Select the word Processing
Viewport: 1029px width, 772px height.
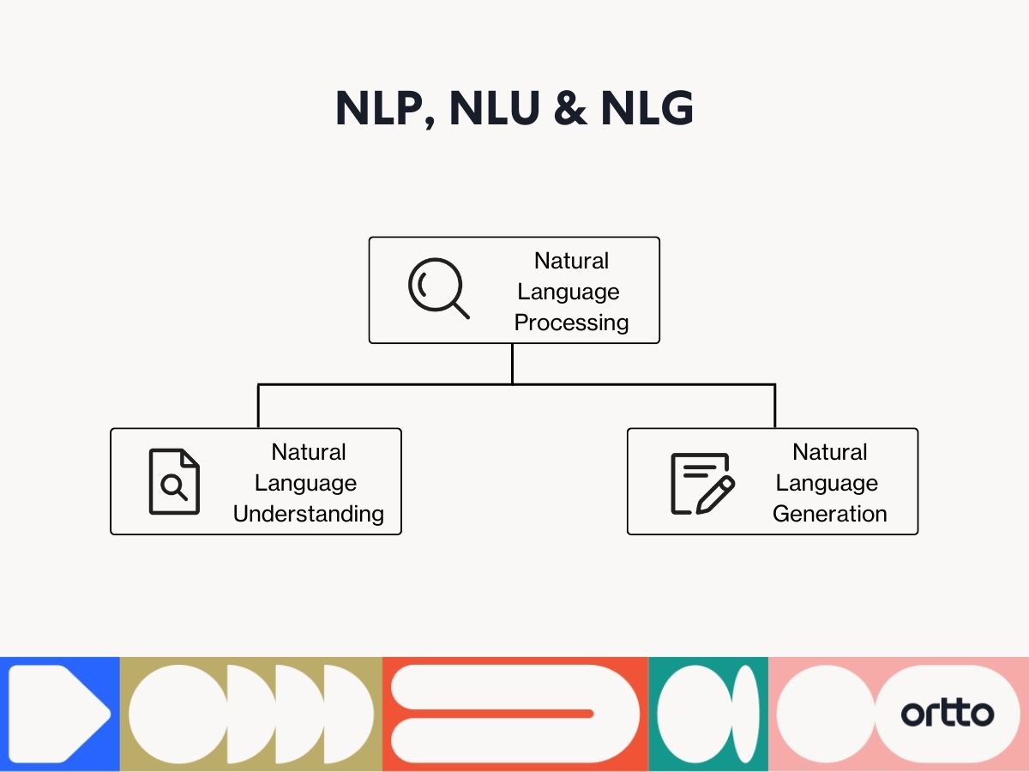coord(571,323)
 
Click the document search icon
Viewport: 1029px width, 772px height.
coord(174,481)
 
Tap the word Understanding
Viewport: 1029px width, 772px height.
coord(309,514)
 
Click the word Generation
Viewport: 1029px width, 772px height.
coord(830,514)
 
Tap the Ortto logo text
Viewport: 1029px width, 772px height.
coord(947,714)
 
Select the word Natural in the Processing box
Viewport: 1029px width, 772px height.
coord(571,261)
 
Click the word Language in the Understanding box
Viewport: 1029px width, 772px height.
coord(305,483)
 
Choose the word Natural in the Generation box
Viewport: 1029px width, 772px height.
coord(830,452)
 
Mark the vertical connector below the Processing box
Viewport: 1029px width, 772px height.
coord(512,363)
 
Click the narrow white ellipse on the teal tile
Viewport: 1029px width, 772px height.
coord(744,714)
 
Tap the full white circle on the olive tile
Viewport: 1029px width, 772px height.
coord(178,714)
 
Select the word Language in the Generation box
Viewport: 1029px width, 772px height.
coord(827,483)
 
